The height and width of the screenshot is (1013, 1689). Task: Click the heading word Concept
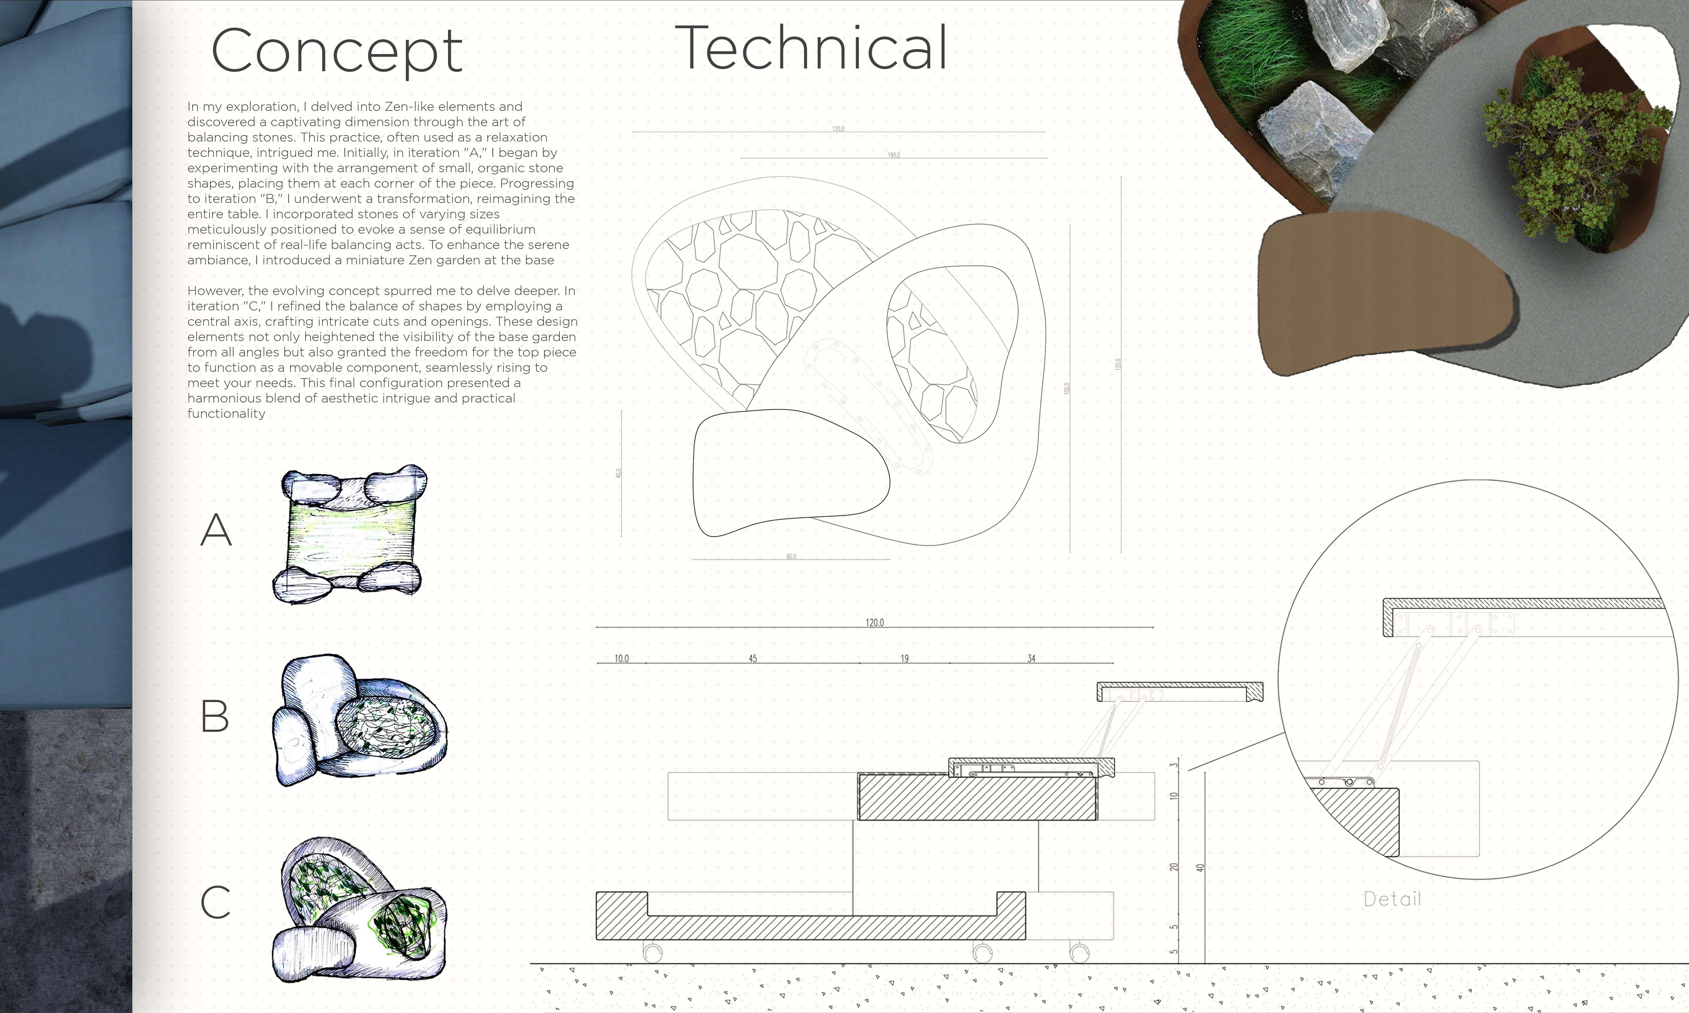click(x=337, y=51)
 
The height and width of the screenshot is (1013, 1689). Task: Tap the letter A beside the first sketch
click(x=216, y=530)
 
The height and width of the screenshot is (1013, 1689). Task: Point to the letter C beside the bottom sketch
click(x=215, y=902)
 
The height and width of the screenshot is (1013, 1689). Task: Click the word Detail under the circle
click(x=1392, y=899)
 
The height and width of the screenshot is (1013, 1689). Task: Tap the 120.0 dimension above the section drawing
click(x=875, y=623)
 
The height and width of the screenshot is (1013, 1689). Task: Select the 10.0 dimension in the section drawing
click(x=621, y=659)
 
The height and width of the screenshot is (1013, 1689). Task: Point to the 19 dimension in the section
click(x=905, y=659)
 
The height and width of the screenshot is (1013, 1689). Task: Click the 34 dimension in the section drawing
click(x=1031, y=659)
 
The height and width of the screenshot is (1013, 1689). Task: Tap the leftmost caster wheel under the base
click(x=652, y=952)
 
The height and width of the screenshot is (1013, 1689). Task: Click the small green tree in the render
click(x=1570, y=150)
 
